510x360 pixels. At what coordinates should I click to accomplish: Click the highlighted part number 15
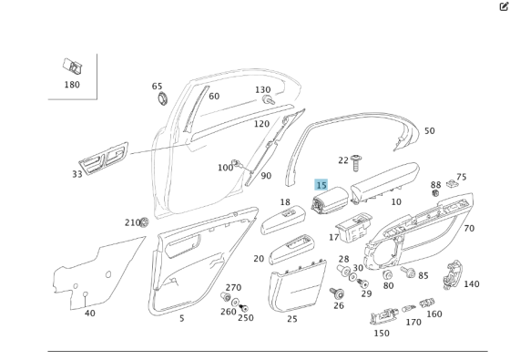tap(321, 185)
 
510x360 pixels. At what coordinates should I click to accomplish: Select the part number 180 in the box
tap(72, 85)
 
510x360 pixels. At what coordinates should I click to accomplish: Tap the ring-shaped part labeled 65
tap(162, 98)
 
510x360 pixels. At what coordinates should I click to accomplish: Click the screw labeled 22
tap(357, 161)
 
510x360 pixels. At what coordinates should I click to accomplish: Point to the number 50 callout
tap(429, 131)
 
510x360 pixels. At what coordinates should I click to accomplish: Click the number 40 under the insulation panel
tap(89, 313)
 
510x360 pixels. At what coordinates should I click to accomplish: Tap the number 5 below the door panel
tap(181, 318)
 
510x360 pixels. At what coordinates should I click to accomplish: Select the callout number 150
tap(381, 333)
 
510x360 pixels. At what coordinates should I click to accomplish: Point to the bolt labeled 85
tap(408, 273)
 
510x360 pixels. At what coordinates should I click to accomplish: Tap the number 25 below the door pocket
tap(292, 319)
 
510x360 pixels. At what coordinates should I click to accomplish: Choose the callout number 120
tap(261, 124)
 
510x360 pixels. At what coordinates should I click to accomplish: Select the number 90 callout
tap(266, 176)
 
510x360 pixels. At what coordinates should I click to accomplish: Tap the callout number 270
tap(233, 287)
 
